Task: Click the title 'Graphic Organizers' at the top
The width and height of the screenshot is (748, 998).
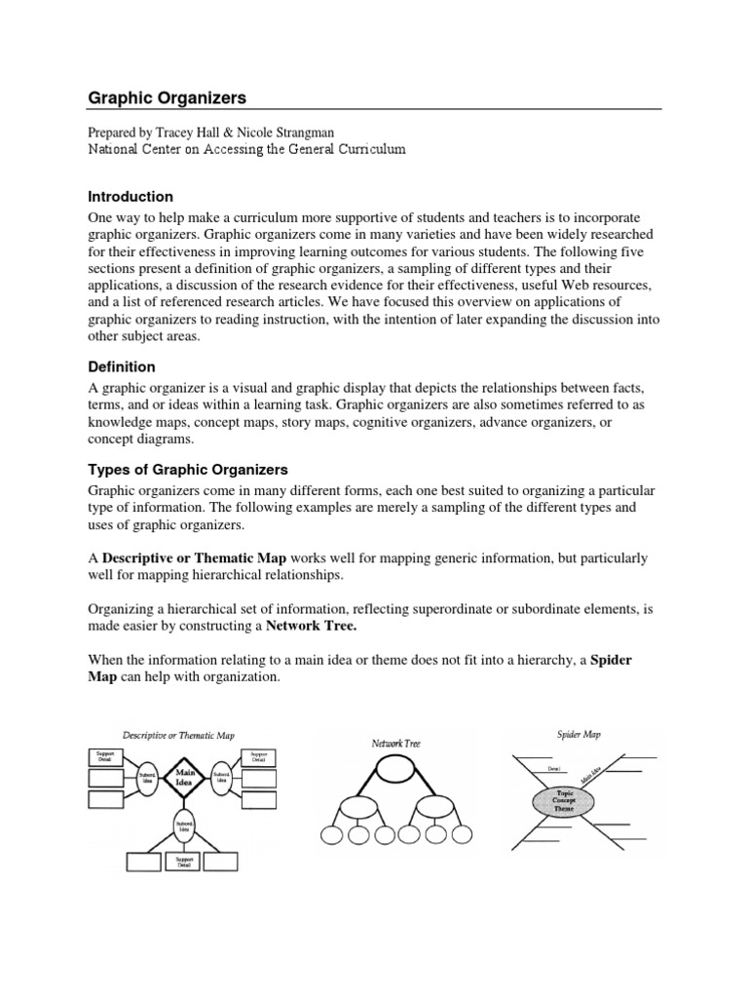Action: pyautogui.click(x=168, y=97)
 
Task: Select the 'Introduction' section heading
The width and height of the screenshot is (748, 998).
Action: pyautogui.click(x=131, y=196)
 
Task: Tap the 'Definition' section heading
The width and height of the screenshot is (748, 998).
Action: pyautogui.click(x=122, y=366)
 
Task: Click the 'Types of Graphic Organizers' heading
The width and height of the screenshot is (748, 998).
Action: pyautogui.click(x=188, y=470)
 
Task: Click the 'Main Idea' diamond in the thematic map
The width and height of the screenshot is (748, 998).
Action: pyautogui.click(x=186, y=777)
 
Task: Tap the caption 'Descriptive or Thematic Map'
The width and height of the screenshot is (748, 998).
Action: pyautogui.click(x=178, y=734)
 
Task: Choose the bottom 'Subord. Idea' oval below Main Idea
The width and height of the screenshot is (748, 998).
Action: pyautogui.click(x=186, y=826)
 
